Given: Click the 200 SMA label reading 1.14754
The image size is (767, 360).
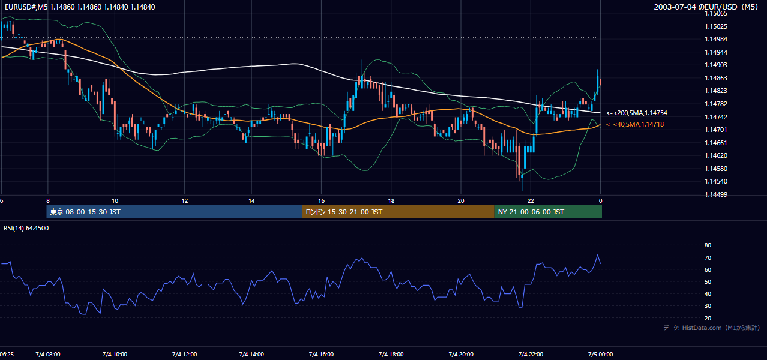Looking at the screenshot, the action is (x=637, y=113).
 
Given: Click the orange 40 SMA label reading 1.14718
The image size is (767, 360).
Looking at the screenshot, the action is (x=635, y=124).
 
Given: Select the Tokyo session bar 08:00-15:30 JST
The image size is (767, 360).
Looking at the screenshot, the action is (x=174, y=212).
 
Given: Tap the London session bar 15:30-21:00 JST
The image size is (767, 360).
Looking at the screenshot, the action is (x=399, y=212).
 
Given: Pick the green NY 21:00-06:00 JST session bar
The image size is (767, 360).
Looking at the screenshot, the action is (x=548, y=212).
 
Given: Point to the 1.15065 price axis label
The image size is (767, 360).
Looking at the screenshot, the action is (x=716, y=13).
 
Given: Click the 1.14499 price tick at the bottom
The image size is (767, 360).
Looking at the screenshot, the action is (x=716, y=194).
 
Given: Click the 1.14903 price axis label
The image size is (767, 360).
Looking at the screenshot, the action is (x=716, y=65).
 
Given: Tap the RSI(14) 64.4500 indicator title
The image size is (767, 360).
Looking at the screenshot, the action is (x=26, y=228).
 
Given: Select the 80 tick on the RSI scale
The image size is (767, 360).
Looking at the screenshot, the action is (x=708, y=245).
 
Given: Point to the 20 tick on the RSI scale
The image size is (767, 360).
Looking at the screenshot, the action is (x=708, y=318).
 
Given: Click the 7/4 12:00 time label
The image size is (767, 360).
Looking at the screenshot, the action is (x=185, y=354).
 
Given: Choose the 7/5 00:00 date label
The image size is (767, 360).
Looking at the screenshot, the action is (x=601, y=354).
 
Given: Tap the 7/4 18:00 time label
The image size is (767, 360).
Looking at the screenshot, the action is (x=391, y=354).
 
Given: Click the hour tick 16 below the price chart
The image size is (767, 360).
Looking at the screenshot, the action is (x=321, y=201).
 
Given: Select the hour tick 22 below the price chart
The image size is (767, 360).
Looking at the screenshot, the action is (x=531, y=201).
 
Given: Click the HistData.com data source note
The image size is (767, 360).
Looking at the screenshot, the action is (x=712, y=328).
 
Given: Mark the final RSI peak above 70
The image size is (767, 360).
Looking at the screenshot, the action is (x=598, y=254).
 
